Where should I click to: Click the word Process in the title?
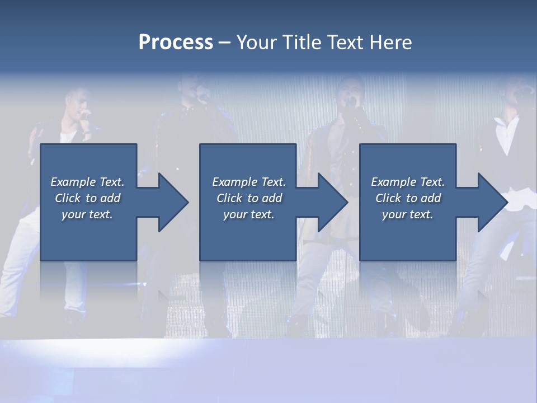(176, 43)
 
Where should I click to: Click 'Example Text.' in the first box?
(87, 182)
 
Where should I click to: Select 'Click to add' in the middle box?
(249, 198)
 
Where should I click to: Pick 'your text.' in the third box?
(408, 214)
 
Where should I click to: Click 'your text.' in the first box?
(87, 214)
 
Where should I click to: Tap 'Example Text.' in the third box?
(408, 182)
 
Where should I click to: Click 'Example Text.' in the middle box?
(249, 182)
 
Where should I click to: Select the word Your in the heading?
(257, 43)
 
